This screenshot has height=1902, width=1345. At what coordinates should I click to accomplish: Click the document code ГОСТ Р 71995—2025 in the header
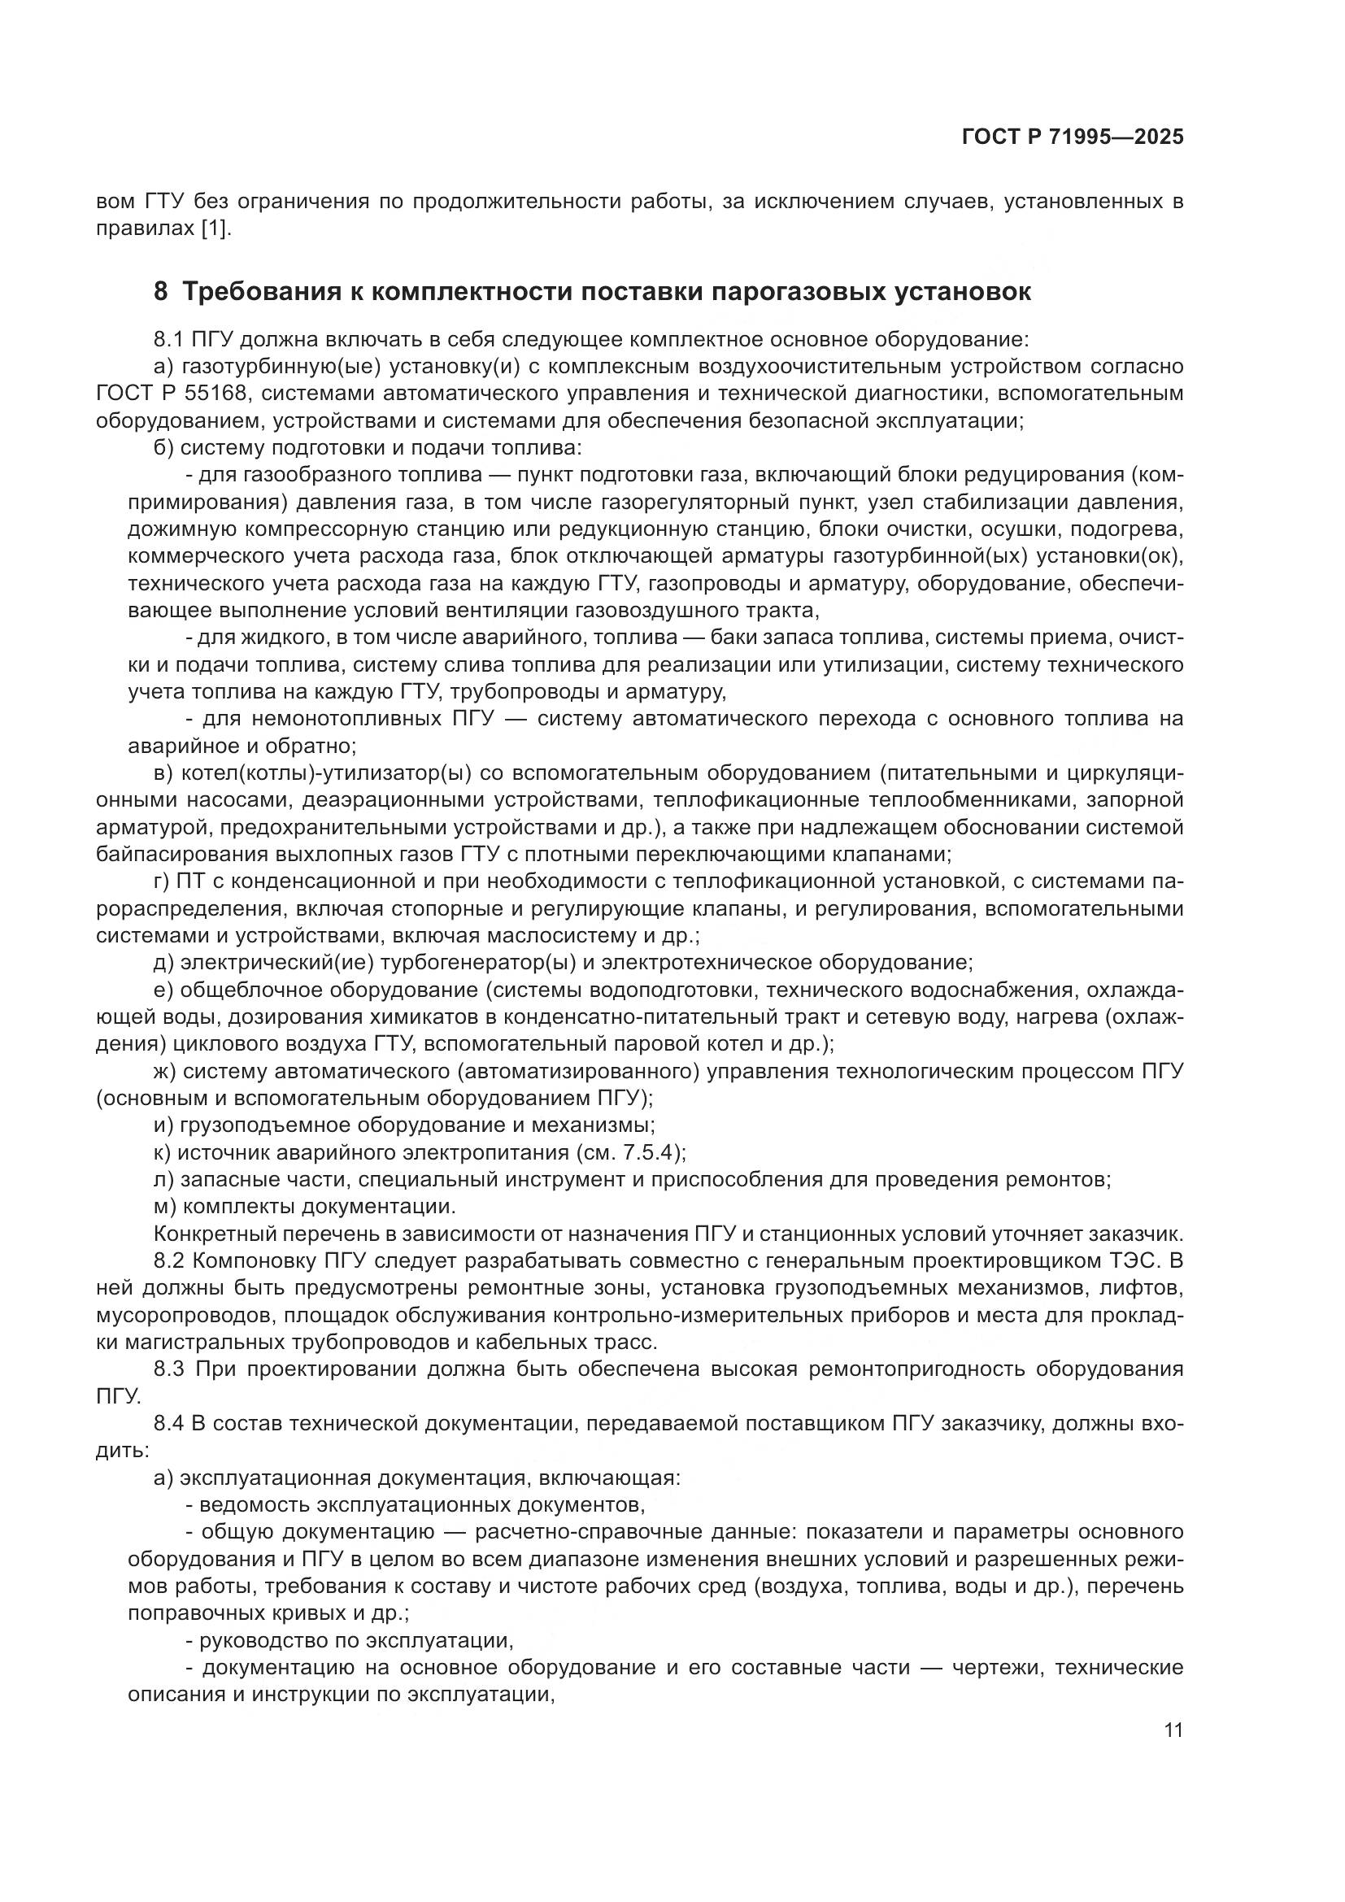click(x=1073, y=137)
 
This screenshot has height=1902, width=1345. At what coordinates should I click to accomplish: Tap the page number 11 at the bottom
click(x=1173, y=1730)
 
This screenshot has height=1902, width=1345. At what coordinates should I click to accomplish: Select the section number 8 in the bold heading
click(x=161, y=292)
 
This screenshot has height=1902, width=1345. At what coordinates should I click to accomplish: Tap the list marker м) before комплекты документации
click(x=162, y=1207)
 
